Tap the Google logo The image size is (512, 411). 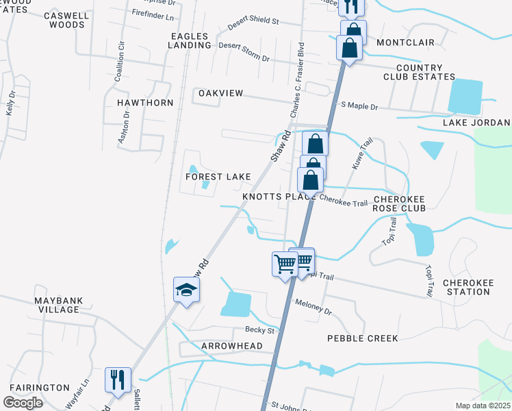click(x=23, y=403)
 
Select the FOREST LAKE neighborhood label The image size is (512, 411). click(x=218, y=177)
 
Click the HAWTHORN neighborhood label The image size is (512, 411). click(x=145, y=103)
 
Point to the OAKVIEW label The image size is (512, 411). click(x=220, y=92)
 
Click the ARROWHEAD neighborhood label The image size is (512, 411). click(x=232, y=347)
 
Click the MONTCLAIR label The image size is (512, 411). click(x=405, y=42)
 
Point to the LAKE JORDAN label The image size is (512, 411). click(x=476, y=123)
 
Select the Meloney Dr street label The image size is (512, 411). click(x=313, y=306)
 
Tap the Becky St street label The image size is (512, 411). click(x=259, y=330)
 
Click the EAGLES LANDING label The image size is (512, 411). click(x=191, y=40)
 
